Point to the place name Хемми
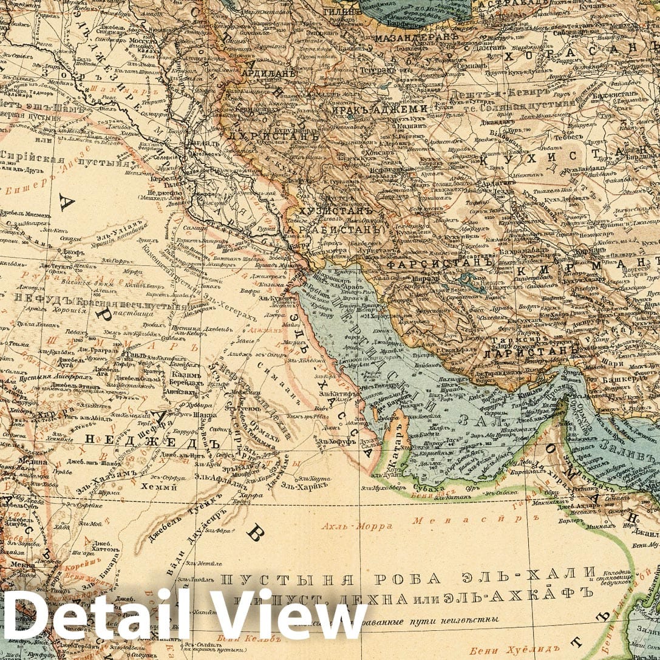coord(154,485)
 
